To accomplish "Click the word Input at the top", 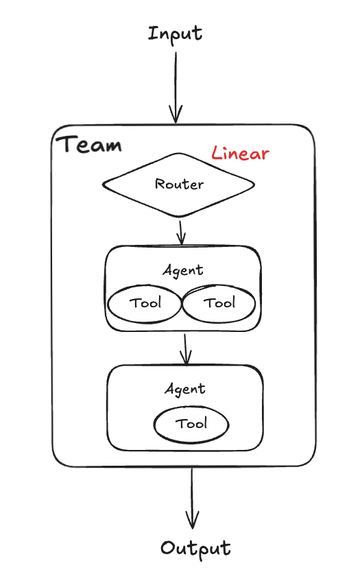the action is coord(175,34).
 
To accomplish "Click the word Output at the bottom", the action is coord(195,548).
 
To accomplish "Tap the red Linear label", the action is coord(240,153).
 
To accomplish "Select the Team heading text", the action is coord(89,144).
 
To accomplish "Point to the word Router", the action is coord(179,184).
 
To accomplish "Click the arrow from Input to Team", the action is coord(176,88).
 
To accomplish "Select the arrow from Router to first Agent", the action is coord(181,233).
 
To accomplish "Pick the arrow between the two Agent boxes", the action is coord(186,350).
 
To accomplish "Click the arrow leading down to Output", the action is coord(192,498).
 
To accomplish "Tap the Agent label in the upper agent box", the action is coord(183,270).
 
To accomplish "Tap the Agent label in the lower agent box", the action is coord(185,390).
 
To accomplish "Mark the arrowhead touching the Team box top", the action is coord(176,115).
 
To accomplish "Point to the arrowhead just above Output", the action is coord(192,520).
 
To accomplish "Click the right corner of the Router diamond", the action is coord(255,185).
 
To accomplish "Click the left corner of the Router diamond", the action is coord(103,184).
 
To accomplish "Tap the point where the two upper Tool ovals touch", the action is coord(182,304).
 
